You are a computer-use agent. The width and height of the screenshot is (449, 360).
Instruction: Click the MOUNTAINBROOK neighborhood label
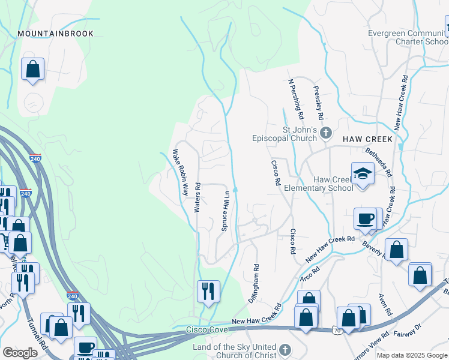click(55, 34)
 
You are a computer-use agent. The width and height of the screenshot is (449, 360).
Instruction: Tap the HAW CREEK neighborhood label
click(367, 139)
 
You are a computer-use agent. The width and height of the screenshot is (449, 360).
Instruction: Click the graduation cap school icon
click(363, 174)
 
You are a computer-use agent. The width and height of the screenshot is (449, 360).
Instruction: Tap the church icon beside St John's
click(326, 133)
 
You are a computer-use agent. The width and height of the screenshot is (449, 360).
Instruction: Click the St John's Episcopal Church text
click(283, 134)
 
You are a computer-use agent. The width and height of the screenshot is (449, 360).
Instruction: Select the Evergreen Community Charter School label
click(408, 38)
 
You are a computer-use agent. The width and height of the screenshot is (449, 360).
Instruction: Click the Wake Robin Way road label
click(181, 173)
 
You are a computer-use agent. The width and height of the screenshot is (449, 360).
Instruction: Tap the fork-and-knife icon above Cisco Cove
click(207, 292)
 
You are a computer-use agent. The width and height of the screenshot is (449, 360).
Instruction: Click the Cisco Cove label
click(206, 329)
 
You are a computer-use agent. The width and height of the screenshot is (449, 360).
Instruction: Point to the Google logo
click(20, 353)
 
